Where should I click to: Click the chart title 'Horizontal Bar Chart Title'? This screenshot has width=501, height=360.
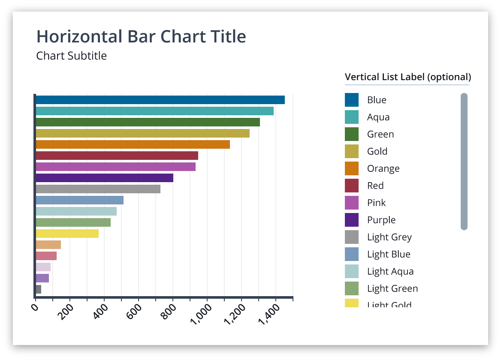pyautogui.click(x=141, y=37)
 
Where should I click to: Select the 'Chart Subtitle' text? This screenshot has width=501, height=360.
pyautogui.click(x=71, y=56)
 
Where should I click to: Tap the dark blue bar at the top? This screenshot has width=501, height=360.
pyautogui.click(x=160, y=100)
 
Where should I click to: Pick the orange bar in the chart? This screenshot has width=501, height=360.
pyautogui.click(x=133, y=144)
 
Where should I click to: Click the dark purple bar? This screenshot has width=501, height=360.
pyautogui.click(x=104, y=178)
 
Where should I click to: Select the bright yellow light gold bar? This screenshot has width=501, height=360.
pyautogui.click(x=67, y=234)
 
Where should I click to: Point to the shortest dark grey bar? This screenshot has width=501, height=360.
pyautogui.click(x=38, y=289)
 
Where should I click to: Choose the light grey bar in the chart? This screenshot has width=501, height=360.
pyautogui.click(x=98, y=189)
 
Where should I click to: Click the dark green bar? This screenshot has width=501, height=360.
pyautogui.click(x=148, y=122)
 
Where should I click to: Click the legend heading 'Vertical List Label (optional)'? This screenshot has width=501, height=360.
pyautogui.click(x=408, y=77)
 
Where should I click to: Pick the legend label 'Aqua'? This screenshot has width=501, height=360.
pyautogui.click(x=378, y=117)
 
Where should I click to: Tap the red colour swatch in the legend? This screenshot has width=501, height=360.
pyautogui.click(x=352, y=186)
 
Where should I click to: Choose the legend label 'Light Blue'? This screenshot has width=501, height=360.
pyautogui.click(x=389, y=254)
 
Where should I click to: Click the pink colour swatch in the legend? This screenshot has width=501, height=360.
pyautogui.click(x=352, y=203)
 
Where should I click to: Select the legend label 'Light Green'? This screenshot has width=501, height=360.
pyautogui.click(x=392, y=288)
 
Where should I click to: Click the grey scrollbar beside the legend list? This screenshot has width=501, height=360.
pyautogui.click(x=464, y=162)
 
